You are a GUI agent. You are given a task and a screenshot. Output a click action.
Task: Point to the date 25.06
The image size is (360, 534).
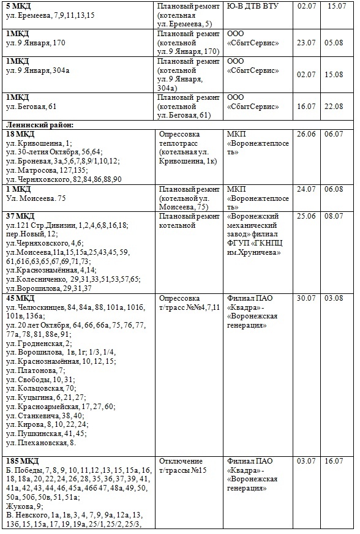point(306,217)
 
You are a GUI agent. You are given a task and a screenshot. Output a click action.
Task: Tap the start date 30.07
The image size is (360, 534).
point(306,298)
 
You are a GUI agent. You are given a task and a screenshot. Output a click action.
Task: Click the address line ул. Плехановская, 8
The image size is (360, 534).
point(40,443)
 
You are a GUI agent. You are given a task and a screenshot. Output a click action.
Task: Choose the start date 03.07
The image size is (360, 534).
point(306,461)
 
